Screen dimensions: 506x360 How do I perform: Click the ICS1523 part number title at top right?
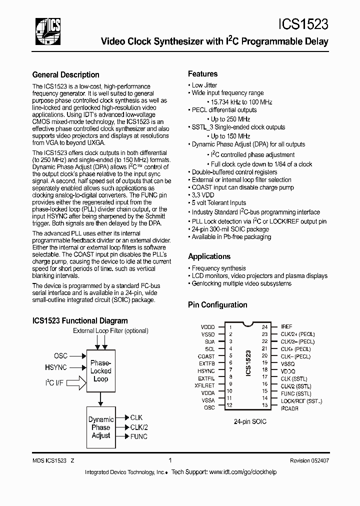click(x=303, y=25)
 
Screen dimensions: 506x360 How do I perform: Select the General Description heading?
click(x=65, y=75)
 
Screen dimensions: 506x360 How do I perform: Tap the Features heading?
click(x=202, y=73)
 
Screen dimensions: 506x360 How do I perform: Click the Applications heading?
click(x=209, y=256)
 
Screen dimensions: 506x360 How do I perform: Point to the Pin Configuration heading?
click(x=217, y=304)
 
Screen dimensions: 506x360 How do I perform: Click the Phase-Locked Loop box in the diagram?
click(x=100, y=371)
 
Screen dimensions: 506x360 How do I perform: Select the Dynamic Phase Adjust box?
click(x=100, y=427)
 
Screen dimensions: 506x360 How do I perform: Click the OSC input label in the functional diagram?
click(x=60, y=356)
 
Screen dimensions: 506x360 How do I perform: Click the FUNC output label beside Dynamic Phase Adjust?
click(x=138, y=436)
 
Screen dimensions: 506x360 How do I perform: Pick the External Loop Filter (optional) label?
click(x=110, y=331)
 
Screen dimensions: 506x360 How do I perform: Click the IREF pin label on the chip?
click(x=286, y=326)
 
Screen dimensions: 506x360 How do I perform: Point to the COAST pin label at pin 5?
click(x=206, y=356)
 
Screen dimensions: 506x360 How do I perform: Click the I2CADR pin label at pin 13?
click(x=289, y=408)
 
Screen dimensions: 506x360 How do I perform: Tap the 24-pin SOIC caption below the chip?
click(x=250, y=421)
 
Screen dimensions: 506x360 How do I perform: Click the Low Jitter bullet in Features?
click(x=204, y=85)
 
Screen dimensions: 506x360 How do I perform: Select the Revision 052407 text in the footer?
click(x=309, y=461)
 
